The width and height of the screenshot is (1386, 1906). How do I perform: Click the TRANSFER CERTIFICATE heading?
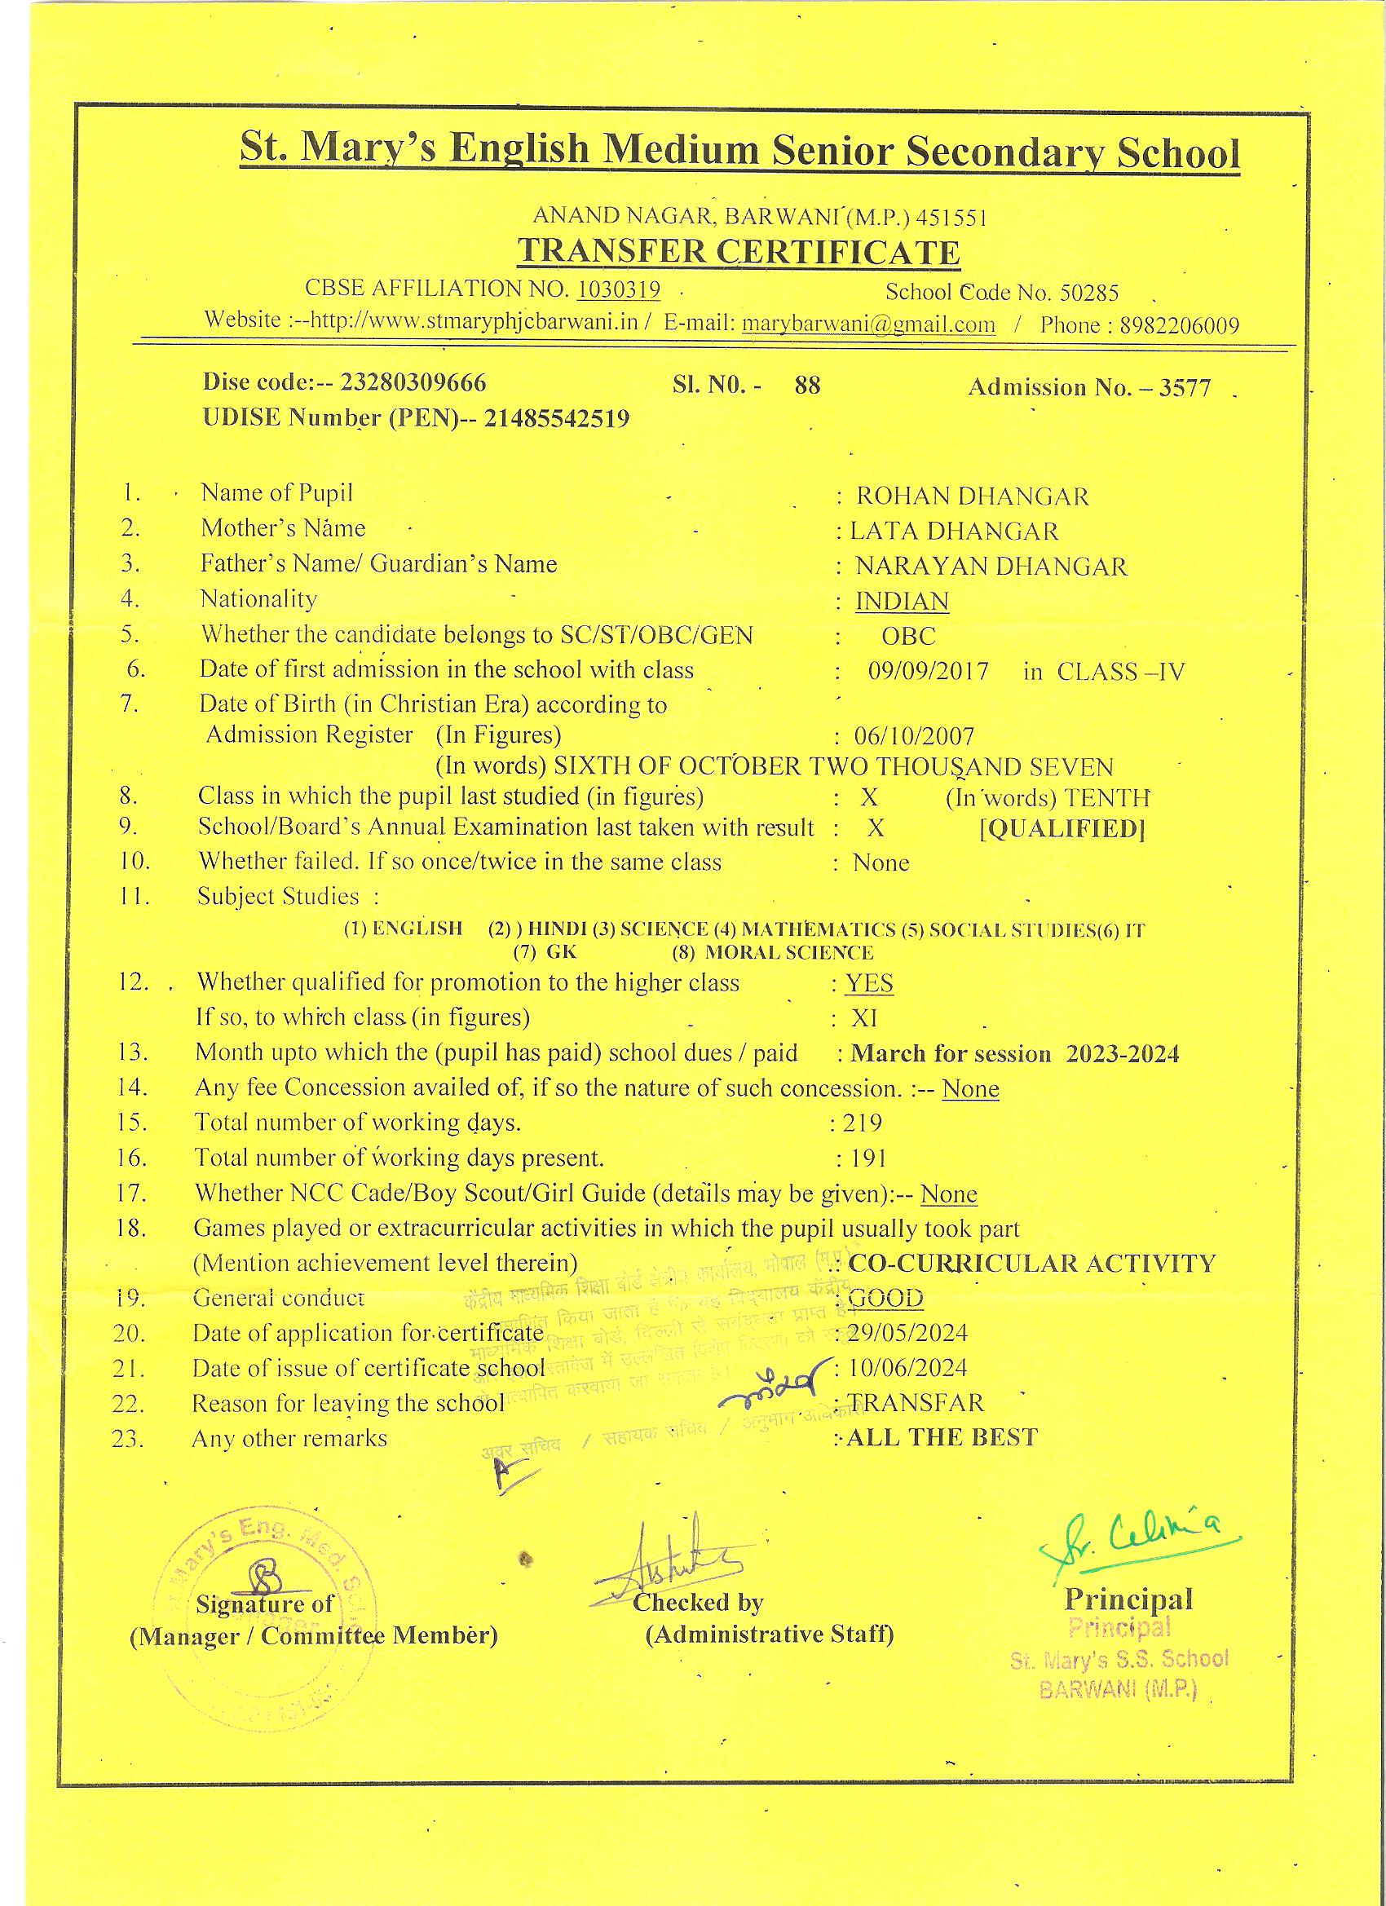(738, 252)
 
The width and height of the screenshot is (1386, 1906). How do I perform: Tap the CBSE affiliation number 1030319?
(619, 289)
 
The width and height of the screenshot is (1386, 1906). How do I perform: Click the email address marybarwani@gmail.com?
(868, 324)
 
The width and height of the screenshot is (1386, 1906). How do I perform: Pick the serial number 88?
(807, 386)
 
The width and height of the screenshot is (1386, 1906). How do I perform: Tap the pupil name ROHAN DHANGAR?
(972, 496)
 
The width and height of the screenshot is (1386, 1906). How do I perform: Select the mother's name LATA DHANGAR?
(954, 532)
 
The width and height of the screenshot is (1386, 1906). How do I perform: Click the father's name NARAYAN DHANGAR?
(991, 567)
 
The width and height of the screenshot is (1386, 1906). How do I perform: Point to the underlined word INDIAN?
(902, 602)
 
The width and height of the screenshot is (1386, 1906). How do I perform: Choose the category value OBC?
(908, 637)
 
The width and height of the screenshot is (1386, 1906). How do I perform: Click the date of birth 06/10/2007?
(914, 737)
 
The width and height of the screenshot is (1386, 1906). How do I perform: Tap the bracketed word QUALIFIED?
(1062, 829)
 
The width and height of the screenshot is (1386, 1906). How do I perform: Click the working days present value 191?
(869, 1159)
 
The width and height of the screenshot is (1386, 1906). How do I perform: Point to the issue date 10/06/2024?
(907, 1368)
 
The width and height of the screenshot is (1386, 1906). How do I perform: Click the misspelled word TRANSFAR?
(916, 1403)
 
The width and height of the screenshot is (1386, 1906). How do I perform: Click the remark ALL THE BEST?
(942, 1438)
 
